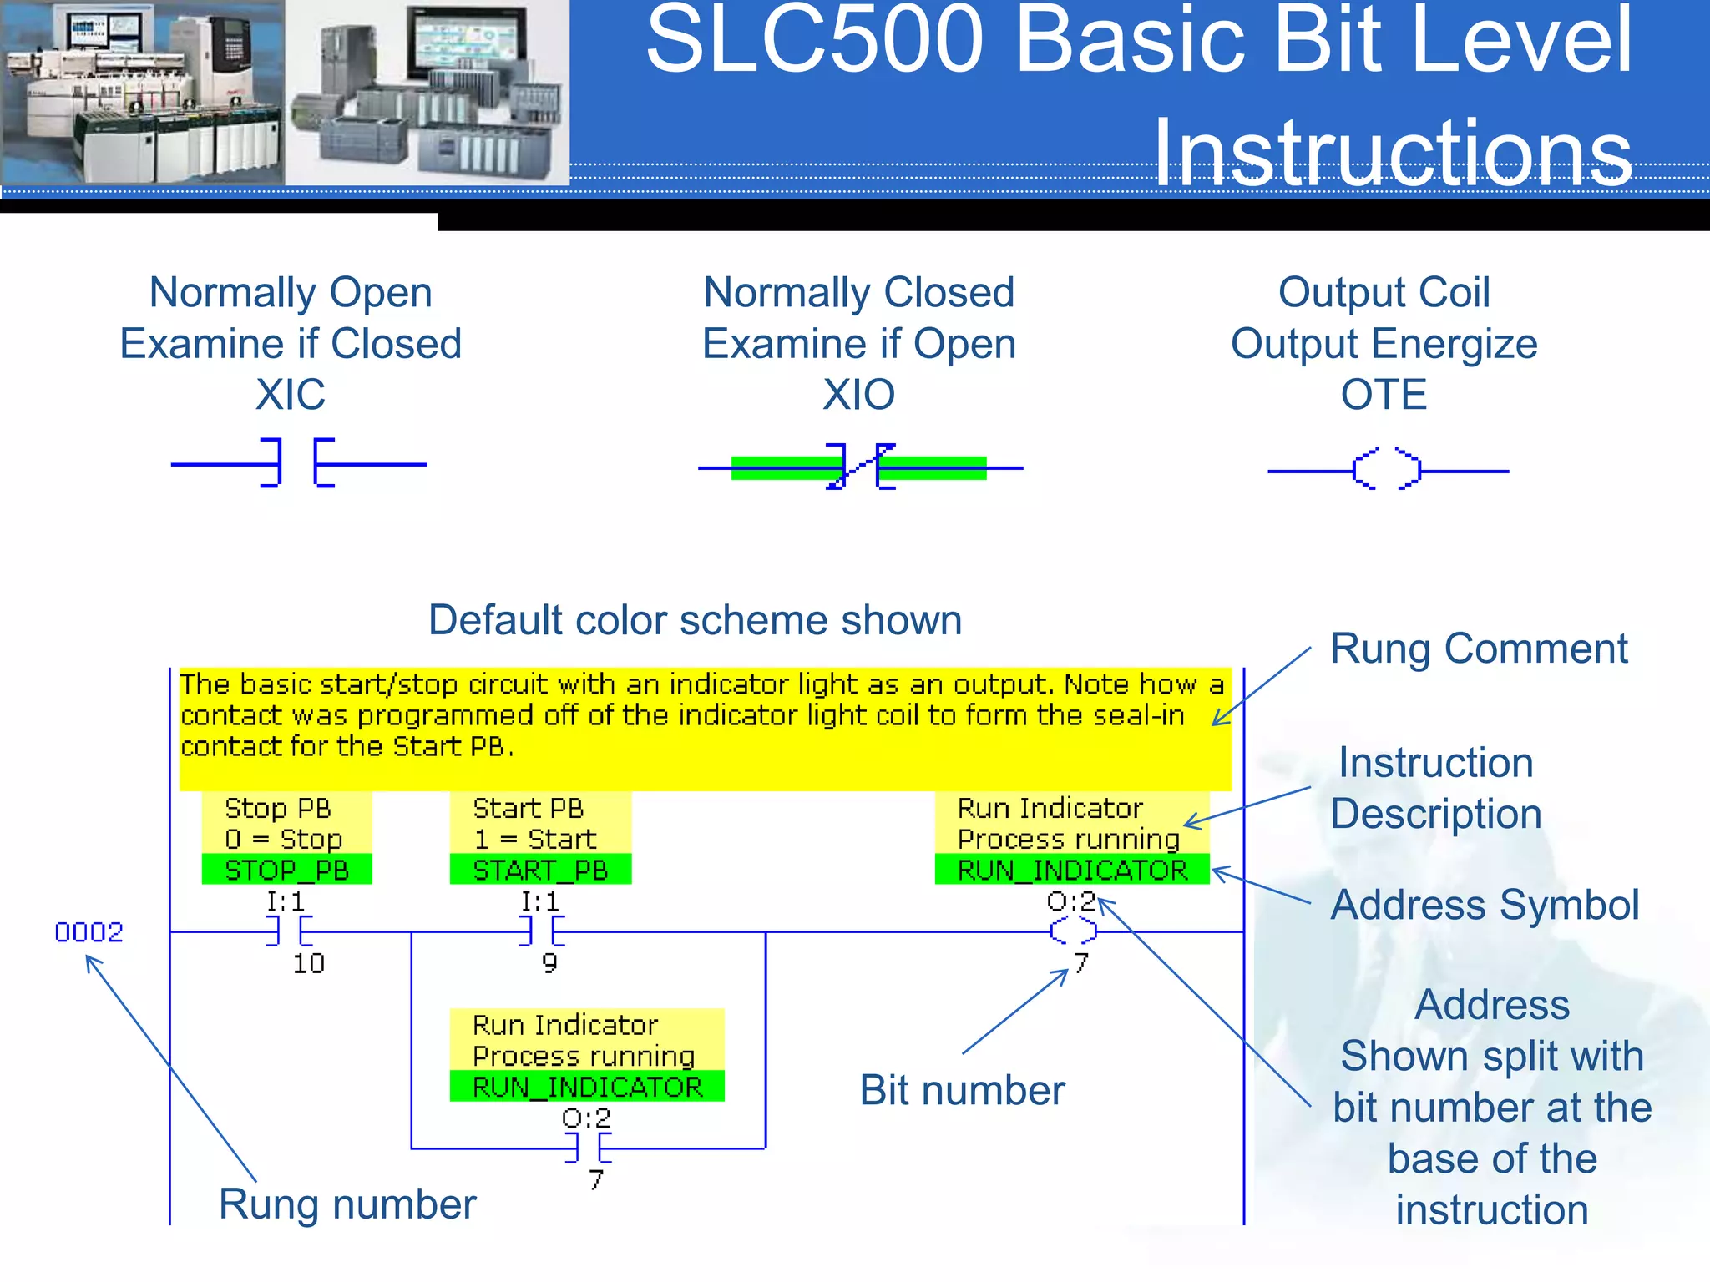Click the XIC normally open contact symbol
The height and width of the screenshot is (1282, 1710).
tap(298, 463)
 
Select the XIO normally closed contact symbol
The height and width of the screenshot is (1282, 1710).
tap(860, 467)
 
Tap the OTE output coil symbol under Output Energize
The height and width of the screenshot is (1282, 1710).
tap(1387, 470)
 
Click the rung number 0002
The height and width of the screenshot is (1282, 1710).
tap(89, 931)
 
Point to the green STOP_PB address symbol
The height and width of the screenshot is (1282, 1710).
tap(286, 870)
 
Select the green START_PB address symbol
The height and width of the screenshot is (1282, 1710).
tap(540, 870)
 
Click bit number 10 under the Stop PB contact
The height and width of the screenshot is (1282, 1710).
tap(308, 964)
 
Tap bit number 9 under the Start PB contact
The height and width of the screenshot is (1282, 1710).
tap(549, 963)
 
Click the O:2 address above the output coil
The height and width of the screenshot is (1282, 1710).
tap(1070, 901)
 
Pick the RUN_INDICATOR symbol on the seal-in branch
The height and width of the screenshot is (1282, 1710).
tap(587, 1087)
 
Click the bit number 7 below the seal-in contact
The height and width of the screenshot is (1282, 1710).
tap(595, 1179)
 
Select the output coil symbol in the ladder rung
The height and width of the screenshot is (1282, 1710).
tap(1073, 931)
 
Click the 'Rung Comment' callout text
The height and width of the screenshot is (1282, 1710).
tap(1478, 649)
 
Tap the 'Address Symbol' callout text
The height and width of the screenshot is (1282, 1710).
tap(1485, 905)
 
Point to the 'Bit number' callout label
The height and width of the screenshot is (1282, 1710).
tap(962, 1090)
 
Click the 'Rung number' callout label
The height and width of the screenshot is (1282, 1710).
tap(347, 1204)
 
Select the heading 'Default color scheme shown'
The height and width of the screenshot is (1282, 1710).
tap(695, 620)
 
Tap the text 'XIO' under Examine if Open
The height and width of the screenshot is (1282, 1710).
tap(858, 394)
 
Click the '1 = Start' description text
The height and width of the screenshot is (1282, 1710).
tap(535, 839)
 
